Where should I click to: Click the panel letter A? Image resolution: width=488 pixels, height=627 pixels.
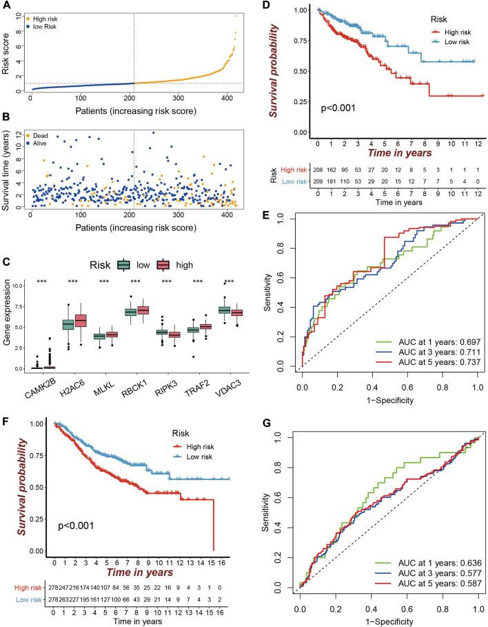[x=6, y=7]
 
